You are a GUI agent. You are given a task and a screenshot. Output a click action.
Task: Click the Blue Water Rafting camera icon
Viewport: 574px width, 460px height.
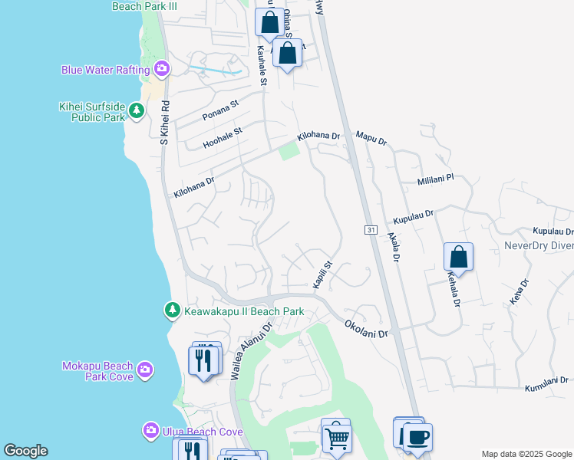click(x=161, y=70)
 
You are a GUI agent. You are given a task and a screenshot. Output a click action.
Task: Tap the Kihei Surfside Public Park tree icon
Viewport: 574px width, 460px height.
click(x=137, y=112)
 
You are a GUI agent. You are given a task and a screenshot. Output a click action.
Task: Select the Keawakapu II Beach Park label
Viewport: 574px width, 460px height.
click(x=243, y=311)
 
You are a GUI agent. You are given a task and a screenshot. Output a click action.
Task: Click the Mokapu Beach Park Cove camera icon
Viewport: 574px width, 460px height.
click(x=145, y=372)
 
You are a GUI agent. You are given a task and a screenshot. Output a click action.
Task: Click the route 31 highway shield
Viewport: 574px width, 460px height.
click(x=370, y=230)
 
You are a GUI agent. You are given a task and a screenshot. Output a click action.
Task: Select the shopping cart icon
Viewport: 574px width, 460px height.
click(x=335, y=438)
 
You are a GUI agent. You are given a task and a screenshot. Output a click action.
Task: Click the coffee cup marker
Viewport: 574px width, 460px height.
click(x=417, y=438)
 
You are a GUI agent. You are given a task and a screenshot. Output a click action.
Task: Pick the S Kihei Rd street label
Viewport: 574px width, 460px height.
click(x=163, y=123)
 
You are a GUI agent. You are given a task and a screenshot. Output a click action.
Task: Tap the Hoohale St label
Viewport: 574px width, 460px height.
click(x=222, y=138)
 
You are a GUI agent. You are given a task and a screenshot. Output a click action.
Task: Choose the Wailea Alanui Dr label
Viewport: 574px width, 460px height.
click(x=252, y=350)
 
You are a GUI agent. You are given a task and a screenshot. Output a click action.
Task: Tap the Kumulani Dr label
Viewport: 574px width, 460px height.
click(x=546, y=384)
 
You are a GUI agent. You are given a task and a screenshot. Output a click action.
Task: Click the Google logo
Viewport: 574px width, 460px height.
click(x=26, y=451)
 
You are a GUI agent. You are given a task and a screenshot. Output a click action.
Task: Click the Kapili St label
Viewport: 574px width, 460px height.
click(x=322, y=274)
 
